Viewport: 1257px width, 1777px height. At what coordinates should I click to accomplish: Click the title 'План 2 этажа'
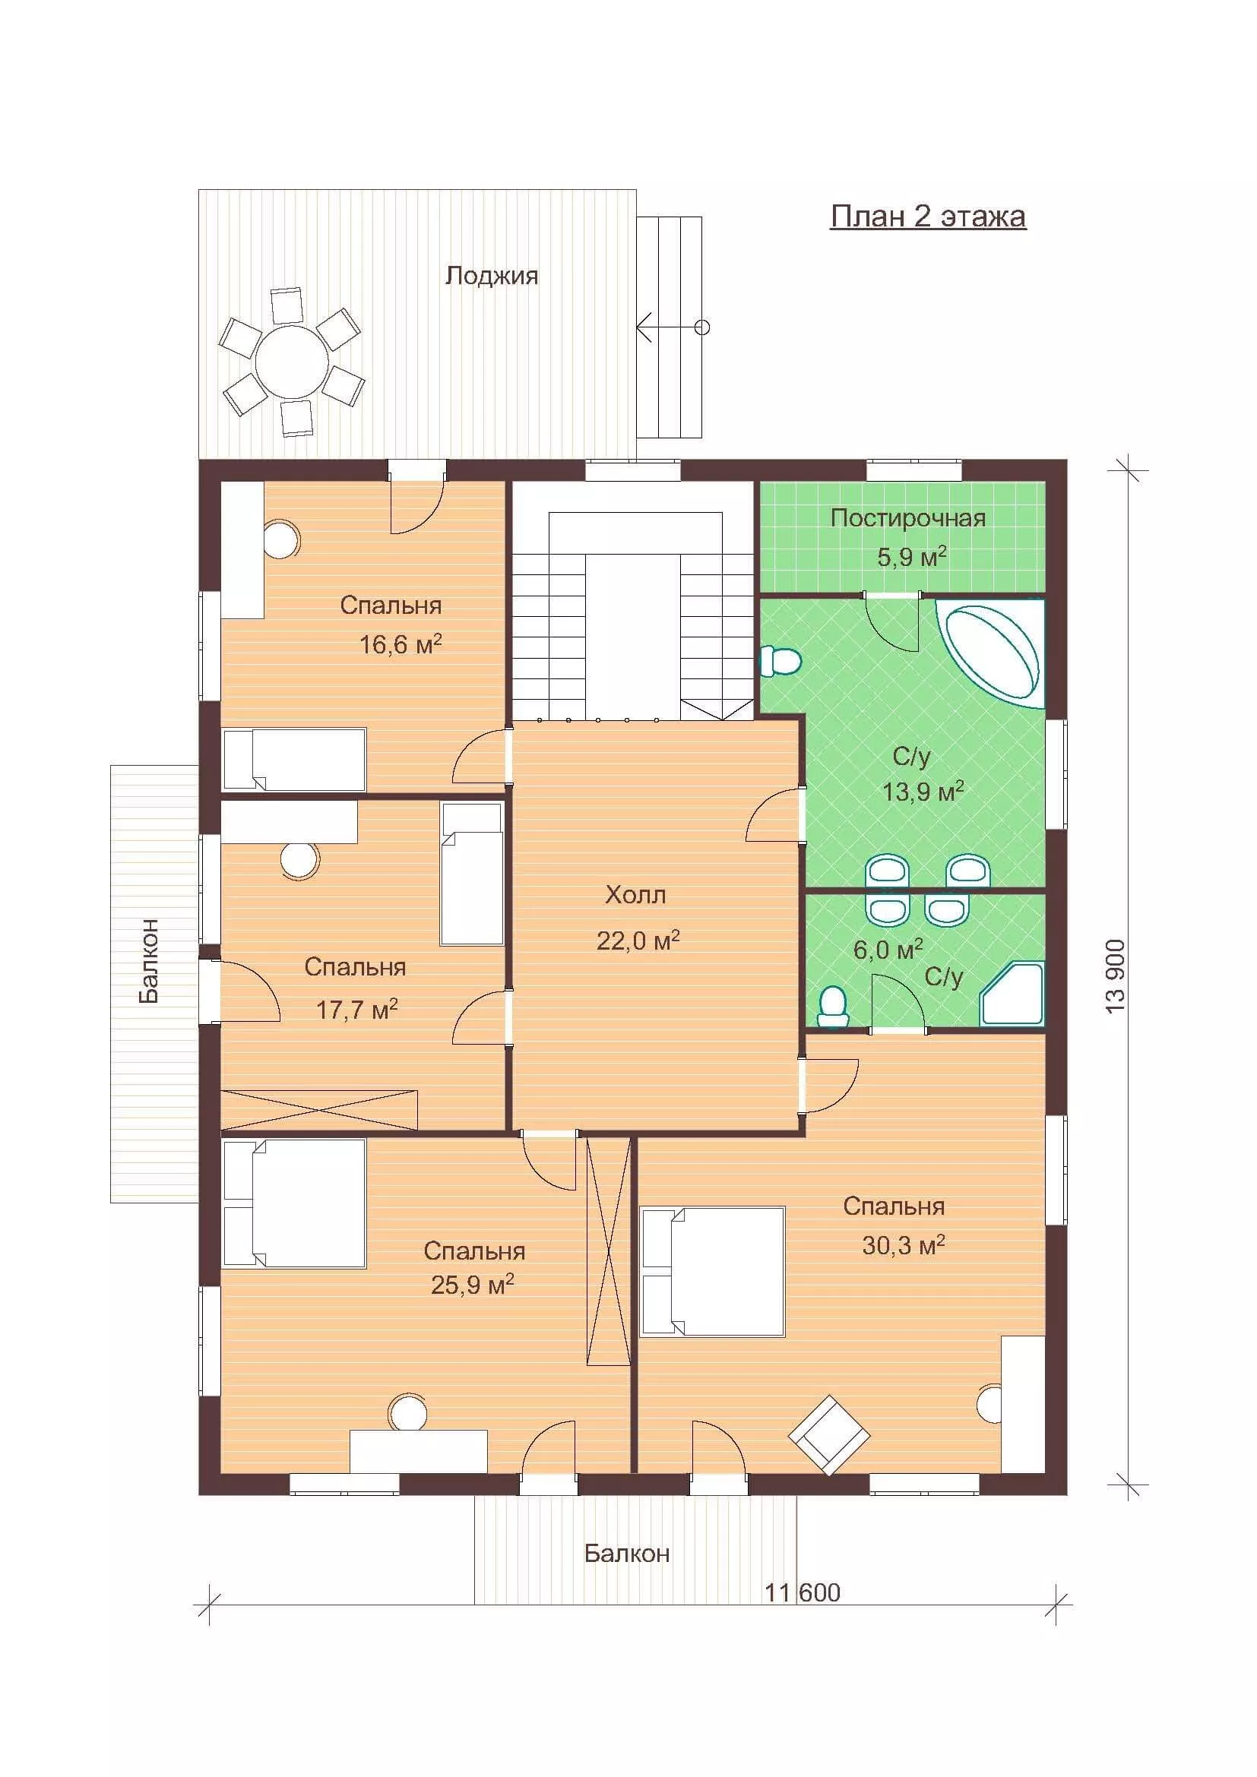point(928,217)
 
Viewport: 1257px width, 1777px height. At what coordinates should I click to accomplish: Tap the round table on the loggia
point(288,360)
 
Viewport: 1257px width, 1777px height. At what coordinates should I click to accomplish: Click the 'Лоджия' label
point(492,276)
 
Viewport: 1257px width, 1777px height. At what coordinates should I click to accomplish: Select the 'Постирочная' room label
point(908,518)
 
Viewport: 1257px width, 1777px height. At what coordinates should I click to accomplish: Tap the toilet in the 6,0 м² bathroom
point(833,1006)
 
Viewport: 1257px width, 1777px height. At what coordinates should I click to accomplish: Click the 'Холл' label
point(635,896)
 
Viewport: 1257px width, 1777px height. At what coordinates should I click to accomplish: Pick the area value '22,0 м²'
point(638,941)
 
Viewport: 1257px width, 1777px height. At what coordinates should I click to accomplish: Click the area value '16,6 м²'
point(401,644)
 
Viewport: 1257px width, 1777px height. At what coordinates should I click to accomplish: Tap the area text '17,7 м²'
point(357,1009)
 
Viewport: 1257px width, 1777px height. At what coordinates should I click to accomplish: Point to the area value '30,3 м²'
point(904,1245)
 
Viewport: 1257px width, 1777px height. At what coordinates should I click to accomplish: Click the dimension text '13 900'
point(1116,977)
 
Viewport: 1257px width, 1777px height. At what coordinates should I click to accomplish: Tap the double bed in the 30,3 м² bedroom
point(713,1272)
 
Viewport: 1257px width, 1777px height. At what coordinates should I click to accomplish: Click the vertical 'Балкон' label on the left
point(149,960)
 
